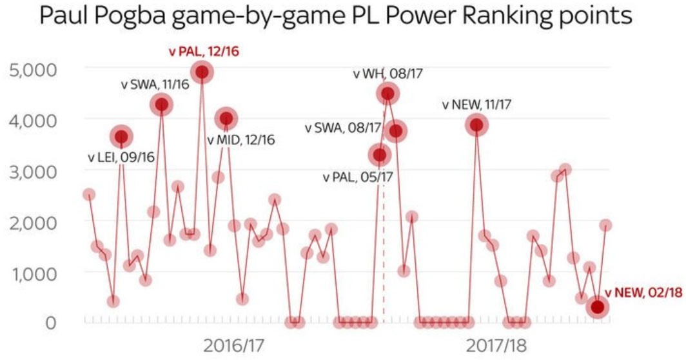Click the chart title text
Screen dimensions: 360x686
point(335,17)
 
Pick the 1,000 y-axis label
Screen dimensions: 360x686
point(37,272)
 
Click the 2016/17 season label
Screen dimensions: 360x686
point(234,345)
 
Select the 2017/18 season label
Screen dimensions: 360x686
point(496,345)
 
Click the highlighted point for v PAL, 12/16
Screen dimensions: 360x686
point(202,72)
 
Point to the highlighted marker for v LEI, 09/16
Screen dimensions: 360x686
point(121,136)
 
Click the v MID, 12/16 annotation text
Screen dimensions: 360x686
point(240,140)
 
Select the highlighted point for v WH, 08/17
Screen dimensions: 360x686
point(387,94)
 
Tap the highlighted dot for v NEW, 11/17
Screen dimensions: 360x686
point(476,125)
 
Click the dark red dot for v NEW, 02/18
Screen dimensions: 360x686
point(598,307)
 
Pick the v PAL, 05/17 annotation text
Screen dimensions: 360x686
point(358,176)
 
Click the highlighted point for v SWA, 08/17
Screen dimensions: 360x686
point(396,131)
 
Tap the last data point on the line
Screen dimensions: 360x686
point(606,225)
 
